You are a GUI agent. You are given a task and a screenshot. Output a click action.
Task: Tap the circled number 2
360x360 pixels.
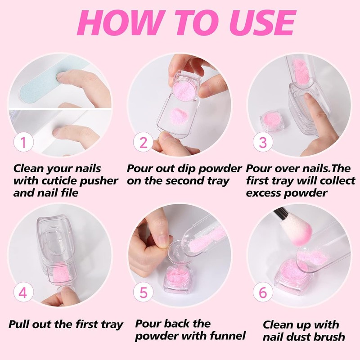[144, 143]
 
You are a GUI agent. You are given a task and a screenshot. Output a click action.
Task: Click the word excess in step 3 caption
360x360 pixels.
[265, 193]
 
